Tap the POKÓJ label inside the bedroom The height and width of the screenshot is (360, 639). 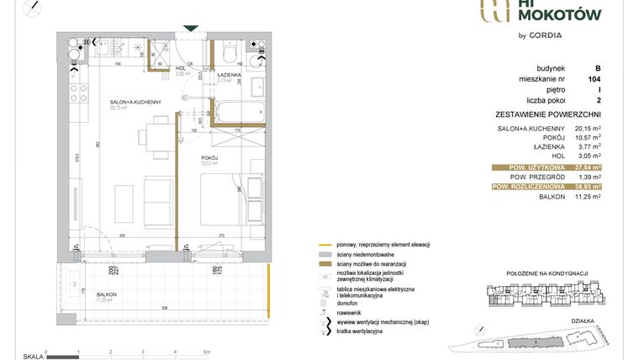(x=209, y=156)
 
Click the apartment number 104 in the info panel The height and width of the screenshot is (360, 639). (x=593, y=78)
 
